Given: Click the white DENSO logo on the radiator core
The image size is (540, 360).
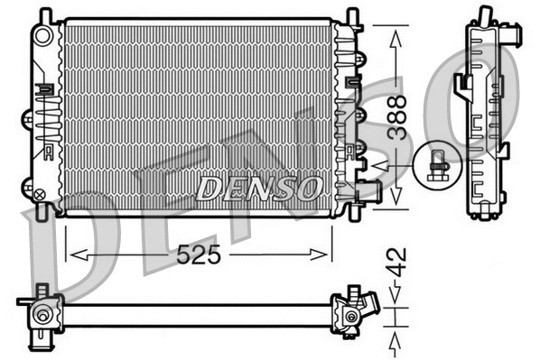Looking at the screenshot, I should (259, 188).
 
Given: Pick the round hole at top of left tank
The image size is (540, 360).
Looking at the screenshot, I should (42, 35).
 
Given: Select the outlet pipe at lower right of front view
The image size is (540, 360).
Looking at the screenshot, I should (368, 191).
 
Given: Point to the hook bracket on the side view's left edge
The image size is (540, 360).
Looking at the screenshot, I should (462, 85).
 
